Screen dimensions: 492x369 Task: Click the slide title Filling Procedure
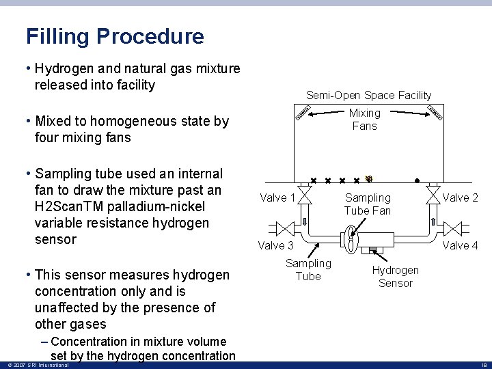click(115, 36)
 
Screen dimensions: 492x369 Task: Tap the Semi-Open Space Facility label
click(368, 95)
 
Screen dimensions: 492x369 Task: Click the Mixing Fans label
click(364, 119)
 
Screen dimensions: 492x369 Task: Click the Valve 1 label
click(277, 198)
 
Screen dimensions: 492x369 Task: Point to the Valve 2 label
click(461, 198)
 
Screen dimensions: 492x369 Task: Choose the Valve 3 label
click(275, 245)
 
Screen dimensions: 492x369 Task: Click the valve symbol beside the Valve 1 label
click(305, 195)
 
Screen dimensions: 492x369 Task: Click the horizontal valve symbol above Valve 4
click(453, 227)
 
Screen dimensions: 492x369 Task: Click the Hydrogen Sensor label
click(395, 277)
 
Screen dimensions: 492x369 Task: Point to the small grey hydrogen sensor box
click(375, 249)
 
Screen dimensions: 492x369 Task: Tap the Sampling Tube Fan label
click(368, 204)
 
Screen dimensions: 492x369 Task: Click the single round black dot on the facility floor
click(417, 181)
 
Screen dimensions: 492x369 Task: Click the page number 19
click(482, 366)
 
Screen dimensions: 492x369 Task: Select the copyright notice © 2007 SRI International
click(38, 366)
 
